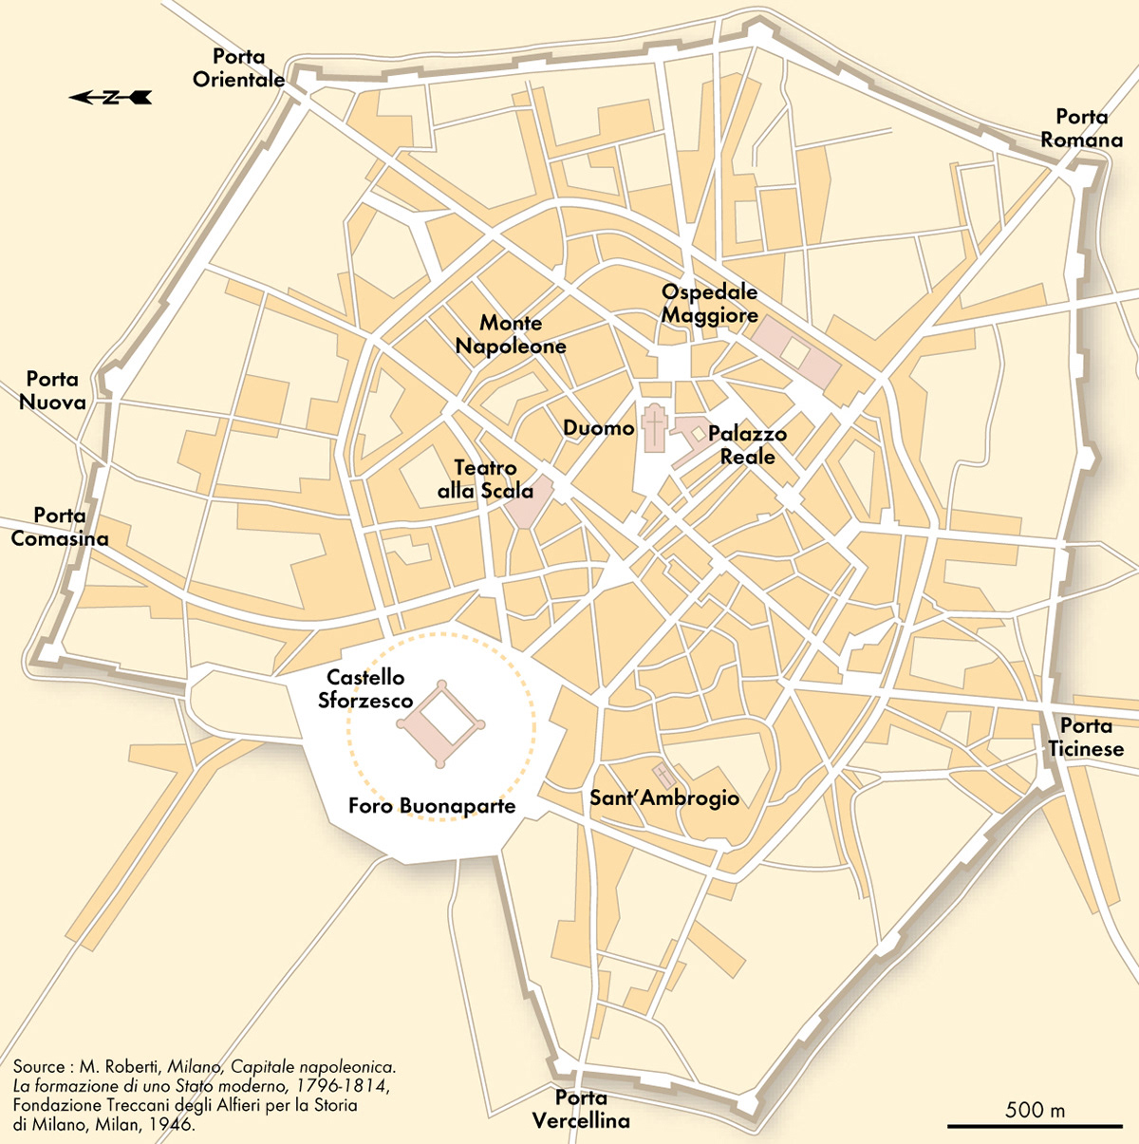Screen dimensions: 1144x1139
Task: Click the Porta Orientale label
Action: pos(239,68)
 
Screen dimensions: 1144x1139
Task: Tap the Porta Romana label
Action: pos(1081,128)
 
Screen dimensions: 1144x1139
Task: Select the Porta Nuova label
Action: pos(52,390)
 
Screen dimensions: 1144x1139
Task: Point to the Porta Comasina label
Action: pos(60,527)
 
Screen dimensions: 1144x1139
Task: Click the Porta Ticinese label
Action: pos(1086,737)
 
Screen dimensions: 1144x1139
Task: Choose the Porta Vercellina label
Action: pos(581,1109)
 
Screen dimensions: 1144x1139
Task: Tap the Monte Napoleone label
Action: pos(511,334)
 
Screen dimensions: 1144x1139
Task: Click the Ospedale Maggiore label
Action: pos(709,303)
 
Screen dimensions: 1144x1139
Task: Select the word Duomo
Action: pos(598,428)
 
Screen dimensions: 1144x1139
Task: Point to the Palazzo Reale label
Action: pos(747,444)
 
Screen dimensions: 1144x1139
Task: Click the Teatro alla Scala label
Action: pos(485,478)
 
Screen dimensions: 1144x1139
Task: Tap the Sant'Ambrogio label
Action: pos(664,797)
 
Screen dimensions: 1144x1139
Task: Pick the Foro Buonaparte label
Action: pos(432,806)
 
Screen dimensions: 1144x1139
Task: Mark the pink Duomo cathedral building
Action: pos(653,428)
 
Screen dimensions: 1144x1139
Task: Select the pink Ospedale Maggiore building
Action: pos(796,352)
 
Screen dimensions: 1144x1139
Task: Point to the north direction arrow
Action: pos(110,97)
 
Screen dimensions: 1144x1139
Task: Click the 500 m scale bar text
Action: pos(1035,1109)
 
